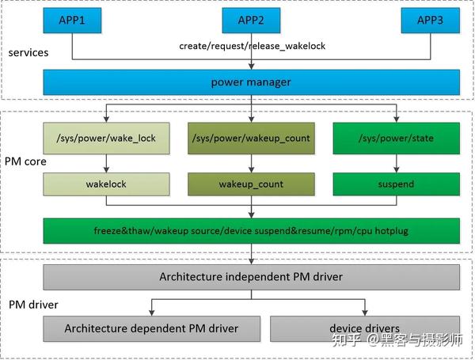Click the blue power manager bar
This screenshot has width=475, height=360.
click(251, 82)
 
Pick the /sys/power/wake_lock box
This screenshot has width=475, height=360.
click(107, 138)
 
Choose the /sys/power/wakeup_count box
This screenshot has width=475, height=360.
click(251, 138)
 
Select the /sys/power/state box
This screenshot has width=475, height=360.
click(396, 138)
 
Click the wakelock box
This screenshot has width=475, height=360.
click(107, 184)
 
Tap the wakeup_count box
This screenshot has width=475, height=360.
click(251, 184)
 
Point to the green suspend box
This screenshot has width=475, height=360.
click(396, 184)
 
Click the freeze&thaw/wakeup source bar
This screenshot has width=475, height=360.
click(251, 230)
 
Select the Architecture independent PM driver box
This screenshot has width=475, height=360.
click(251, 277)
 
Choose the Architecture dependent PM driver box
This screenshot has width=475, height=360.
click(151, 328)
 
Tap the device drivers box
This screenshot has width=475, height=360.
click(365, 328)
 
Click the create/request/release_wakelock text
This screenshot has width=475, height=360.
click(251, 46)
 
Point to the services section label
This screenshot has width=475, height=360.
click(28, 53)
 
